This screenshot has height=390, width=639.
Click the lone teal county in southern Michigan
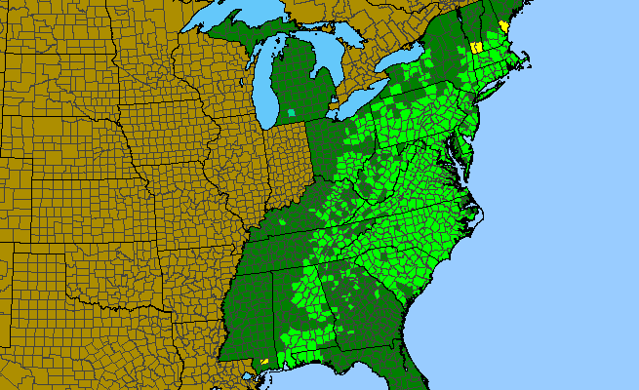click(292, 115)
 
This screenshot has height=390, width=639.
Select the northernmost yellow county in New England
click(503, 25)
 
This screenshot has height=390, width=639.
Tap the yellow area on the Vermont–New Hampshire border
click(477, 46)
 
